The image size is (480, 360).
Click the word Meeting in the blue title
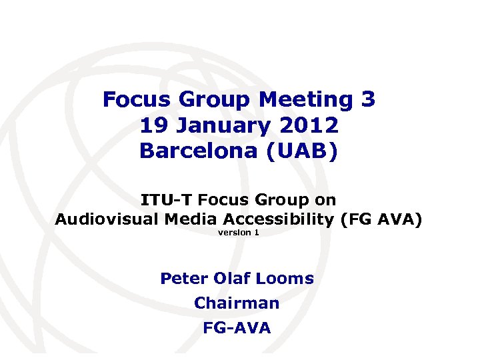pyautogui.click(x=306, y=100)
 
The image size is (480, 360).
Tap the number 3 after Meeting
pyautogui.click(x=368, y=100)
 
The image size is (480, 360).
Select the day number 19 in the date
pyautogui.click(x=155, y=125)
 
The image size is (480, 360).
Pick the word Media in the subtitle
pyautogui.click(x=197, y=219)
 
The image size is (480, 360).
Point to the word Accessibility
pyautogui.click(x=281, y=219)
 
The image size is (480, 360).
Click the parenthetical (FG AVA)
pyautogui.click(x=381, y=219)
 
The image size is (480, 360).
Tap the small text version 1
pyautogui.click(x=239, y=233)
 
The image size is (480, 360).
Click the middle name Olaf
pyautogui.click(x=229, y=279)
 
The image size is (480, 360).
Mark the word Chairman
pyautogui.click(x=237, y=303)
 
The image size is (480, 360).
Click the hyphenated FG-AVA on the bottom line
pyautogui.click(x=237, y=328)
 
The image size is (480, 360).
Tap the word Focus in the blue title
pyautogui.click(x=136, y=100)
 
